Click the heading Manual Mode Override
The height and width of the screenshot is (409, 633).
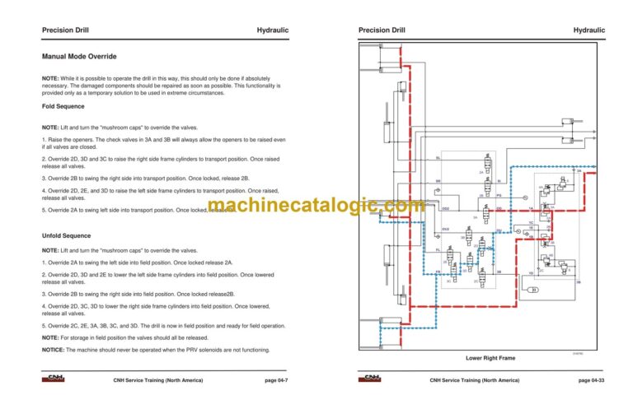(79, 57)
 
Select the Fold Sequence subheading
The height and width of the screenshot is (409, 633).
(63, 107)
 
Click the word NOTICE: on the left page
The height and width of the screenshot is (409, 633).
(54, 350)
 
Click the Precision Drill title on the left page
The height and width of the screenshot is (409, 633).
(65, 30)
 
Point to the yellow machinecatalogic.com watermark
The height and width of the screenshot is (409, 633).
(316, 206)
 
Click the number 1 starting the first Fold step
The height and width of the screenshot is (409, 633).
(44, 139)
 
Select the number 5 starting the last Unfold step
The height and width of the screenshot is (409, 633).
(44, 326)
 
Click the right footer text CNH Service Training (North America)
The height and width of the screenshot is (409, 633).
(474, 380)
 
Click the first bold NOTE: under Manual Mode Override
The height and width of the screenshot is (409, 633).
(50, 77)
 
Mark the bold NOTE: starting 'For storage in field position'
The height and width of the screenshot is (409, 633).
(50, 337)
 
